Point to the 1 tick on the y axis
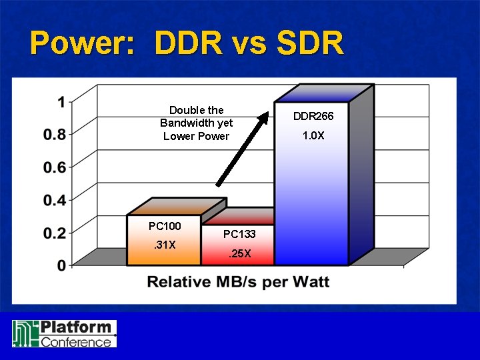click(61, 103)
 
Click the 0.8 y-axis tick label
click(54, 135)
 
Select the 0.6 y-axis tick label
click(54, 167)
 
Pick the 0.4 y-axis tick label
click(54, 200)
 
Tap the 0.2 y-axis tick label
click(54, 233)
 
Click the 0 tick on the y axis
click(61, 265)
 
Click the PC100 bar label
click(164, 226)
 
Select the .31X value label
click(164, 245)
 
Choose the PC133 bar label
click(239, 234)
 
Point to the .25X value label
click(239, 253)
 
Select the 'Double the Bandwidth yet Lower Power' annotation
click(196, 123)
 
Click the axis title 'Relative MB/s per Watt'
click(238, 282)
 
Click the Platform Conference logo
click(64, 333)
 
